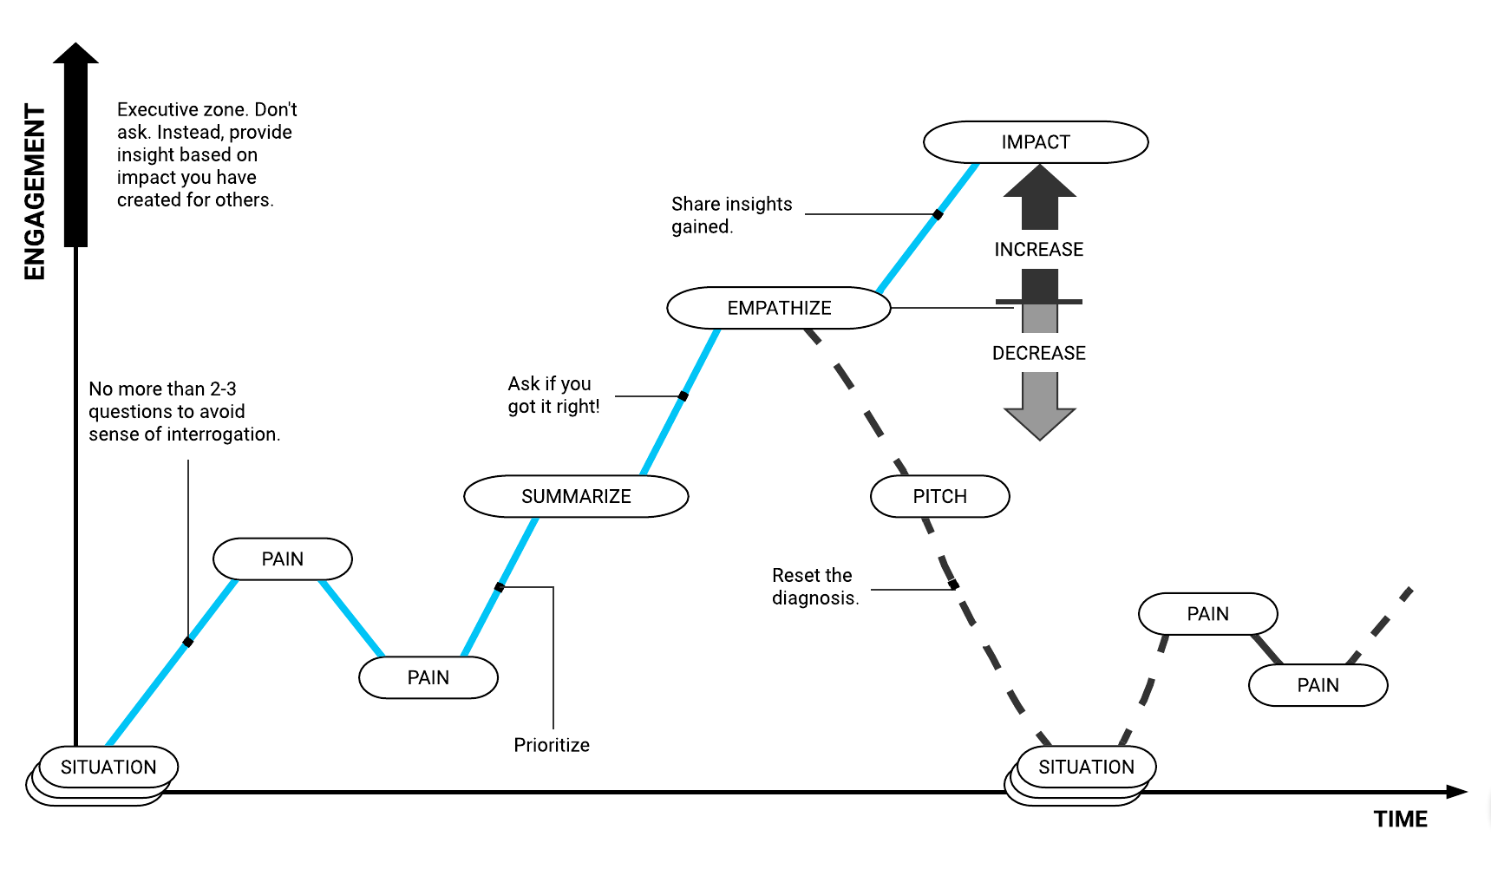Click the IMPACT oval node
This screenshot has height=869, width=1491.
point(1036,142)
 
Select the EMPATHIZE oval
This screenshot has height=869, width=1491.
point(779,308)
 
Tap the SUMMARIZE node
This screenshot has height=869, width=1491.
point(576,496)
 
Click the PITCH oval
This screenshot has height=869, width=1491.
point(939,496)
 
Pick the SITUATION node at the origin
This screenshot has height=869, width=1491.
point(108,767)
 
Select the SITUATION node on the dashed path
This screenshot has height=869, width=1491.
point(1086,767)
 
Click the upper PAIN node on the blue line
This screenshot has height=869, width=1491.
point(283,559)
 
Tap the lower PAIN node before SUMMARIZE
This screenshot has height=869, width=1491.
point(428,677)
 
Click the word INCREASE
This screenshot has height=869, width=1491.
point(1038,250)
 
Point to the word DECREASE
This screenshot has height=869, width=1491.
point(1038,353)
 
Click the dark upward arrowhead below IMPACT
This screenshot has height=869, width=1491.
point(1039,182)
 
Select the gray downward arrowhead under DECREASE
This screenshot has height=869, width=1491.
point(1039,423)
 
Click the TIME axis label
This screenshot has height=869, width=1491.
point(1400,819)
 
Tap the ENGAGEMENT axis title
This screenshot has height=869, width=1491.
point(35,192)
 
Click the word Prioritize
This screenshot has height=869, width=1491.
point(552,745)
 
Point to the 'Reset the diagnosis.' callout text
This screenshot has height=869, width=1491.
point(814,586)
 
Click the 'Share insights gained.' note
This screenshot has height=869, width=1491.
point(730,215)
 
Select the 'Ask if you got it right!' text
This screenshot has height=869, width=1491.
point(553,395)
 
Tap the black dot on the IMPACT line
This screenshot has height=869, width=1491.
point(938,214)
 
